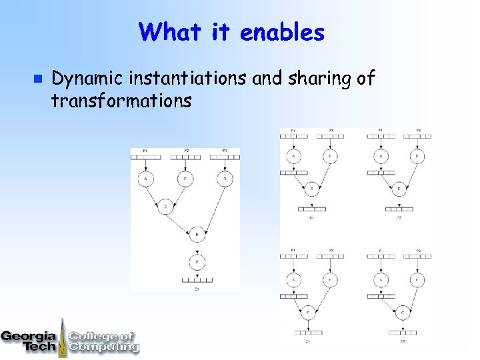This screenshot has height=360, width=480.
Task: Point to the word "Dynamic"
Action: pyautogui.click(x=88, y=79)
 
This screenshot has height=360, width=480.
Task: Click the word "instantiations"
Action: pyautogui.click(x=189, y=79)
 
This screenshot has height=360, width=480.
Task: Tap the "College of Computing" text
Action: pyautogui.click(x=103, y=341)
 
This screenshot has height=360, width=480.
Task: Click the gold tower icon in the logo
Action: pyautogui.click(x=63, y=337)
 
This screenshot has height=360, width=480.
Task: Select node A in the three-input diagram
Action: pyautogui.click(x=146, y=179)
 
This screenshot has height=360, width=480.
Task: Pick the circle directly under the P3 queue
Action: pyautogui.click(x=225, y=179)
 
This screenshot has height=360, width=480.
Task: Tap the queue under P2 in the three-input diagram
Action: pyautogui.click(x=186, y=157)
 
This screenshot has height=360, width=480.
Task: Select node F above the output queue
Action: pyautogui.click(x=197, y=261)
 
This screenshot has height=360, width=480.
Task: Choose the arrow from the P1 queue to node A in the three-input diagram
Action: pyautogui.click(x=146, y=165)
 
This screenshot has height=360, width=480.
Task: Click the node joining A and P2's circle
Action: pyautogui.click(x=166, y=207)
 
